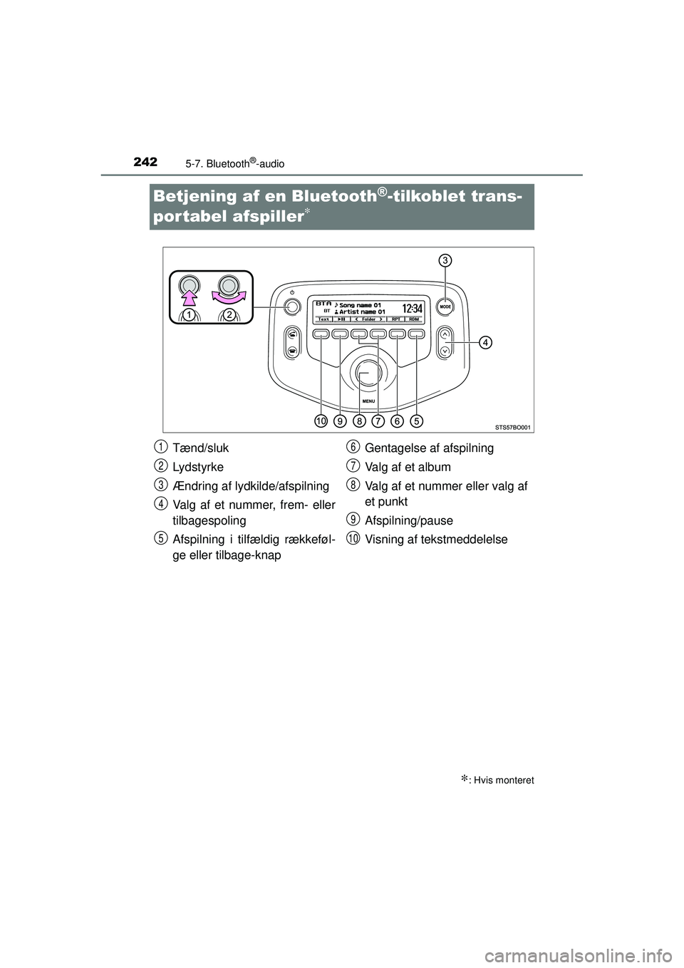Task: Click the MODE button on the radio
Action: (445, 306)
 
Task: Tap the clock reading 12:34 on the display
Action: (413, 309)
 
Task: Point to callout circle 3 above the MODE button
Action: (444, 261)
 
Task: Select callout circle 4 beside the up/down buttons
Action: (484, 343)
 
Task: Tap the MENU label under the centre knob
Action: (368, 401)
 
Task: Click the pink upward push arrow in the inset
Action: (189, 289)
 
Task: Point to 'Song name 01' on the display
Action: (361, 304)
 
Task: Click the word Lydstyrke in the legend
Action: (198, 467)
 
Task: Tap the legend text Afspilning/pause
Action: (408, 520)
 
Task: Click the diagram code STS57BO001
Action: (513, 426)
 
